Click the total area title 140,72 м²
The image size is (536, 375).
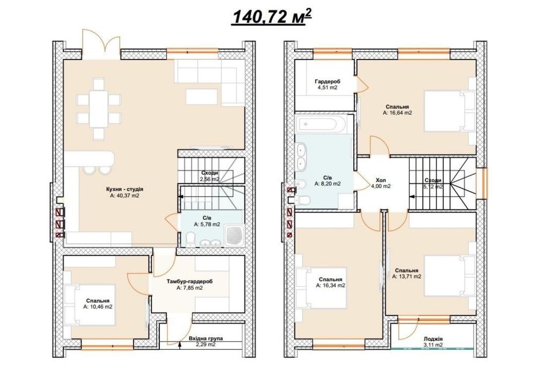272,17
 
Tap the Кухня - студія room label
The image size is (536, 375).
125,189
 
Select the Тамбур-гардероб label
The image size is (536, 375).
190,281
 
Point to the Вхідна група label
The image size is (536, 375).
206,338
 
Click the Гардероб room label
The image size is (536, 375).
327,81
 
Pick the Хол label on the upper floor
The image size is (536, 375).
381,180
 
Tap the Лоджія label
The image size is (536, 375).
433,339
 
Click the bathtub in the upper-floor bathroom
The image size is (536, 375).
322,124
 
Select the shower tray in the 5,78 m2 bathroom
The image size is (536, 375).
234,235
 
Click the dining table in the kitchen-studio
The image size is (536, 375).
99,109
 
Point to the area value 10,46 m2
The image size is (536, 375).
98,306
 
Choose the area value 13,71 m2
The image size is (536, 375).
406,276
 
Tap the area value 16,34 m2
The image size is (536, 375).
330,285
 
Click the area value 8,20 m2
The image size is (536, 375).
327,183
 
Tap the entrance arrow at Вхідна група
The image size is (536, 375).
180,346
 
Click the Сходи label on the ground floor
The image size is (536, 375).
210,173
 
